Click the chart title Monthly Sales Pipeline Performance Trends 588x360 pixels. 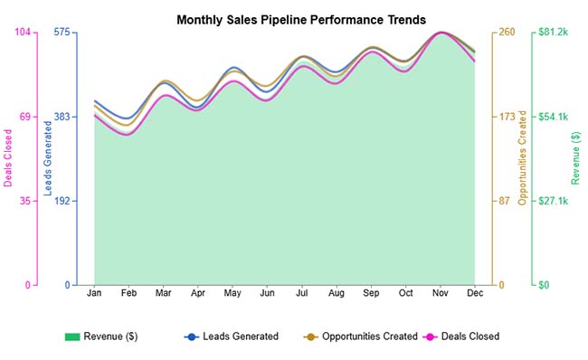300,19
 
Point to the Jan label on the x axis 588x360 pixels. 94,294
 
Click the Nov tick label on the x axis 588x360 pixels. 441,294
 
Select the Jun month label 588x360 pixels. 267,294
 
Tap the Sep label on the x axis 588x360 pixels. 371,294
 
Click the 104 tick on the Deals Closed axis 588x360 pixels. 22,33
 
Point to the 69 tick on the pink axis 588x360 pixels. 24,117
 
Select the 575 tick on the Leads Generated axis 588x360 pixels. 62,33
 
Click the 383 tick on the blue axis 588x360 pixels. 62,117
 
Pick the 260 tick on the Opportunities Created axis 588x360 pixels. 507,33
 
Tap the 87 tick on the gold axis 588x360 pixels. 505,201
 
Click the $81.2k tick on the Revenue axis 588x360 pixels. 552,33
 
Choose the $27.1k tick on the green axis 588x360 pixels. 552,201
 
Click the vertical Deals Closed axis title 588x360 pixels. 8,158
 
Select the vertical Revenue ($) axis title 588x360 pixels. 576,158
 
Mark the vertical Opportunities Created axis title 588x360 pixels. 522,158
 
